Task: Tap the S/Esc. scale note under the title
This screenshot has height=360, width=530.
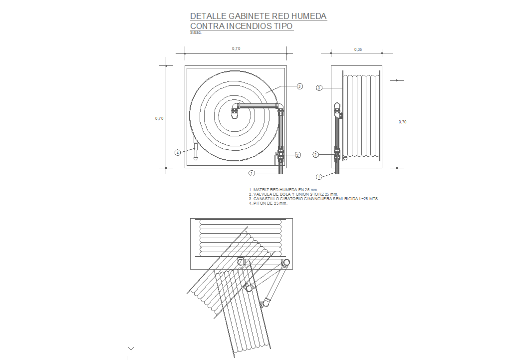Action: point(196,33)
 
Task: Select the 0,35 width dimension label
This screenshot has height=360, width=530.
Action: point(358,49)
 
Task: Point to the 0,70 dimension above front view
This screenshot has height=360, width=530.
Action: point(236,48)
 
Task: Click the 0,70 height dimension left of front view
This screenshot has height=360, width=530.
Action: point(159,118)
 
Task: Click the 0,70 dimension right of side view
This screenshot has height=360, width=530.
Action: point(402,122)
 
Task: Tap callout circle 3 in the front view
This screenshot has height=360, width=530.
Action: point(300,86)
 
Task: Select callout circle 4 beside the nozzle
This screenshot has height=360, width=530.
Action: point(178,153)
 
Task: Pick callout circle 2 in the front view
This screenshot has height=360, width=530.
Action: point(297,155)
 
